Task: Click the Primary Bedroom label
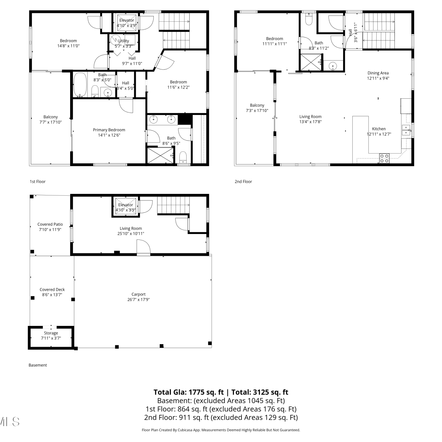(109, 130)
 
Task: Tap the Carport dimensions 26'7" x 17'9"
(138, 300)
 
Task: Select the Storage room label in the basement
(51, 333)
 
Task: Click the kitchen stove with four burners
(384, 158)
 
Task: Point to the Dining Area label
(378, 73)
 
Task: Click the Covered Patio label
(50, 224)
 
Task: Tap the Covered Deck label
(52, 290)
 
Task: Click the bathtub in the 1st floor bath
(80, 85)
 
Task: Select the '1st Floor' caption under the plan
(38, 182)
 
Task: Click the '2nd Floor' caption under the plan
(243, 182)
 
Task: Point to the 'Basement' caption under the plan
(38, 365)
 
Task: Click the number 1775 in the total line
(196, 392)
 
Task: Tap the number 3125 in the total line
(260, 392)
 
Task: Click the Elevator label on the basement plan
(126, 205)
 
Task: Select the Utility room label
(124, 41)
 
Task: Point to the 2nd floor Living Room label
(311, 117)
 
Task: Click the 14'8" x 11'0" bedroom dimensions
(68, 46)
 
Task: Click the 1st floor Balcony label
(51, 117)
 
